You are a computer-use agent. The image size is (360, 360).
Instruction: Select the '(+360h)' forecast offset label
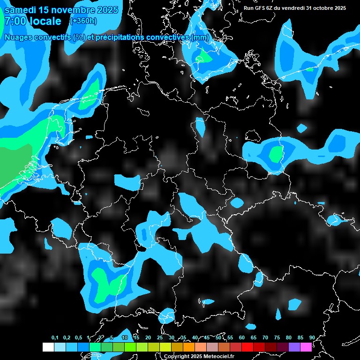click(83, 21)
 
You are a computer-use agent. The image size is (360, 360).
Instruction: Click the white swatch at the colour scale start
click(48, 347)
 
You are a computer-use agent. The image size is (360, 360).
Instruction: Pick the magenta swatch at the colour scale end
click(306, 347)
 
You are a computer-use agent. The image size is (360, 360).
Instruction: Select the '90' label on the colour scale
click(312, 337)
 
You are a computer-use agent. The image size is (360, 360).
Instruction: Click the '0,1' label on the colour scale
click(55, 337)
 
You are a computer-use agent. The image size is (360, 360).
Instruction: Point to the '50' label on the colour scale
click(218, 337)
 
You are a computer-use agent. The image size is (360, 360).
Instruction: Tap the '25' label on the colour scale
click(160, 337)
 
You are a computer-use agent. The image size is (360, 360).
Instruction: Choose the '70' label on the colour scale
click(265, 337)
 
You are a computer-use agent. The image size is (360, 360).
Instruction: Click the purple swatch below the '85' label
click(294, 347)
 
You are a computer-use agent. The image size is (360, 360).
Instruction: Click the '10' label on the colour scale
click(125, 337)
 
